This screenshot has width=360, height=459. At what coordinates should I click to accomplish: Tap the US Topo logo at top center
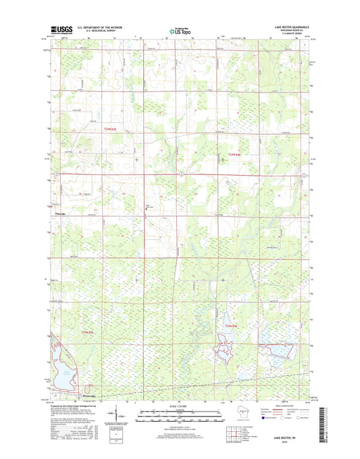pos(178,30)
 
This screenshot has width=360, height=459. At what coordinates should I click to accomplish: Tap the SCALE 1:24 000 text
pos(178,404)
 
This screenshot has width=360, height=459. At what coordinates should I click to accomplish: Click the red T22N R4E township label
pos(230,328)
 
